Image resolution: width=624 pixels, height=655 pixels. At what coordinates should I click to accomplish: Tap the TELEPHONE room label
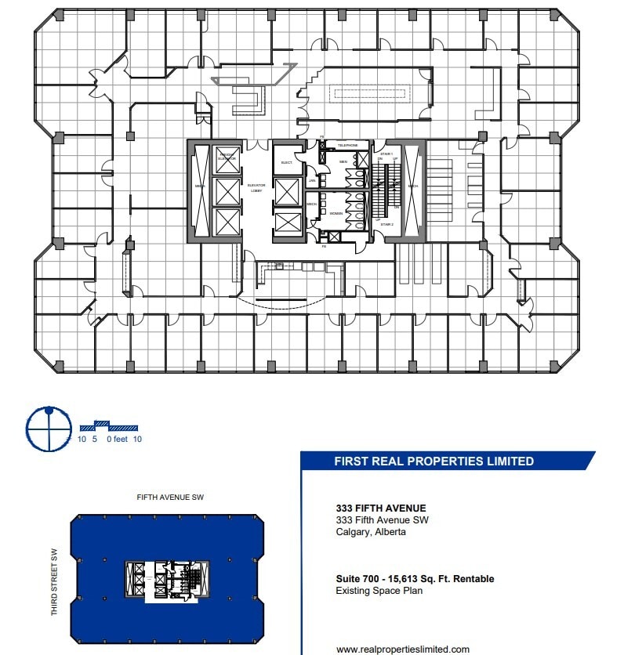click(x=346, y=146)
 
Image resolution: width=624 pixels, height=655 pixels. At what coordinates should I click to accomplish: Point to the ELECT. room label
click(x=287, y=162)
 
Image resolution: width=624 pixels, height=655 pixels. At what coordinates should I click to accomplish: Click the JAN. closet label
click(x=312, y=180)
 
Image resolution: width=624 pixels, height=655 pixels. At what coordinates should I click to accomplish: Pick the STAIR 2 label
click(x=386, y=224)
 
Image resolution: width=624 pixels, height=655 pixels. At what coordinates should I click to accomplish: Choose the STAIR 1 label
click(x=386, y=154)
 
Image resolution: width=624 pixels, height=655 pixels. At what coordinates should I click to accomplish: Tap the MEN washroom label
click(x=343, y=162)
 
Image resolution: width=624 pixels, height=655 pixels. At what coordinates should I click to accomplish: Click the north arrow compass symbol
click(x=49, y=429)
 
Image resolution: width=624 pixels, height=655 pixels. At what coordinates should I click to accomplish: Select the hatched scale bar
click(x=109, y=427)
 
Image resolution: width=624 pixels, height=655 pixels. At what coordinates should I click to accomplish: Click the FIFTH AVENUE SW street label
click(x=170, y=498)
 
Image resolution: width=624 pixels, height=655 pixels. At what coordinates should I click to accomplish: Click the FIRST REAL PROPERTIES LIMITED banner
click(x=434, y=461)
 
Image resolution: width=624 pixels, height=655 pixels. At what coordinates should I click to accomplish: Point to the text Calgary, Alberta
click(x=371, y=532)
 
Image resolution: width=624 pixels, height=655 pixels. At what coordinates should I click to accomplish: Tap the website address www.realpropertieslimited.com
click(x=403, y=649)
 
